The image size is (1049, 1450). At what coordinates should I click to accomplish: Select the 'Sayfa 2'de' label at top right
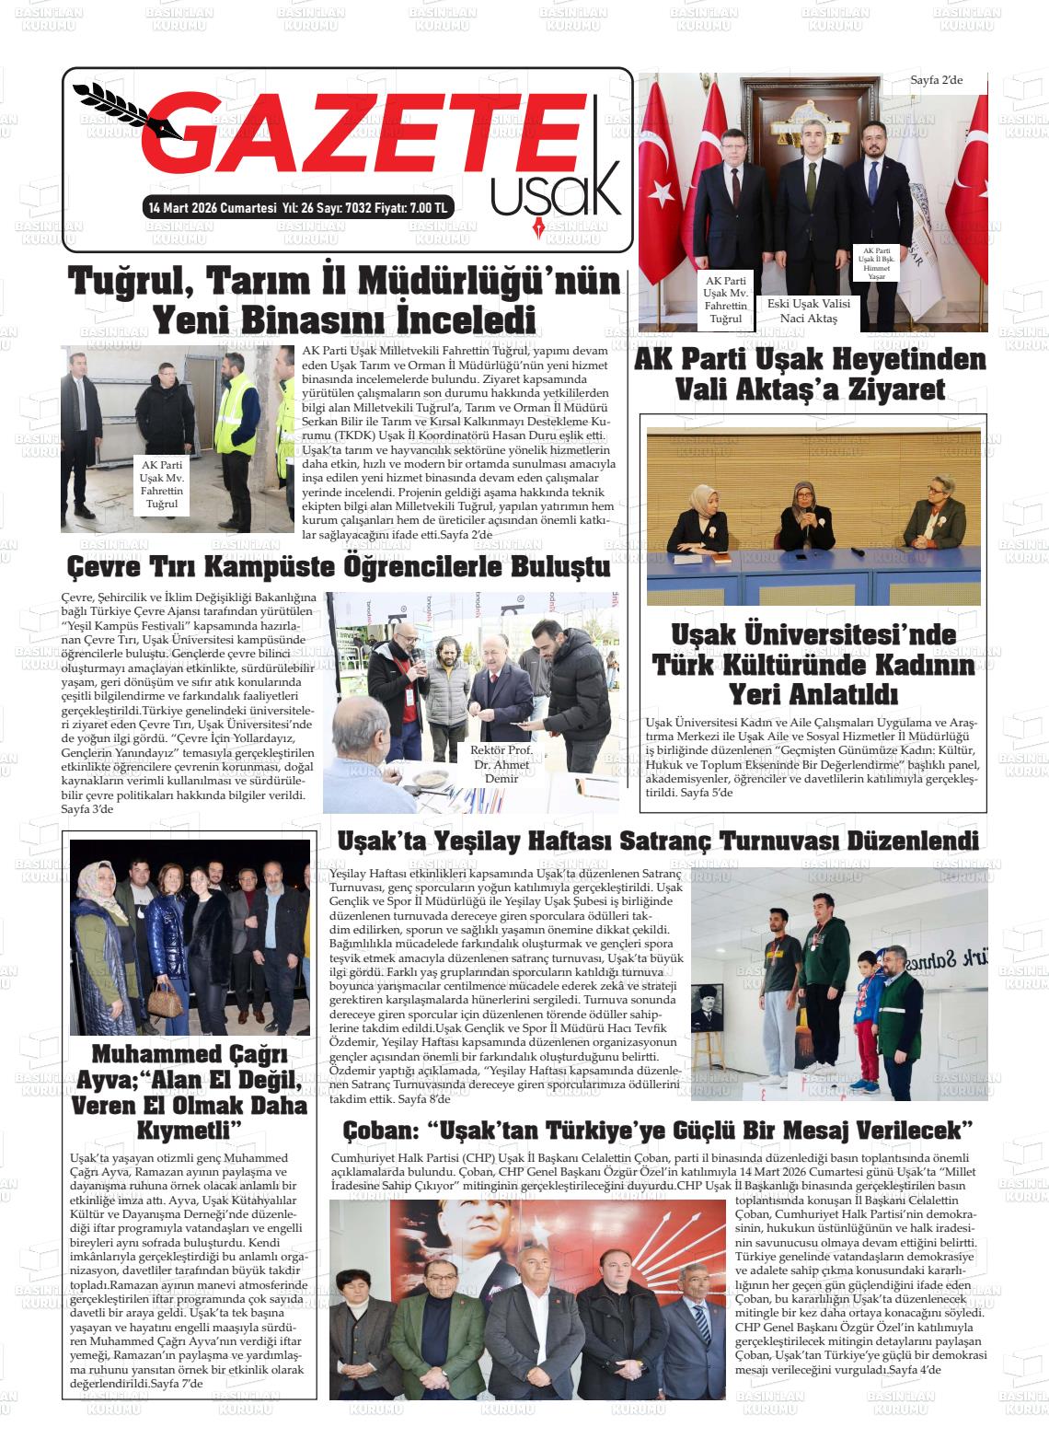point(936,80)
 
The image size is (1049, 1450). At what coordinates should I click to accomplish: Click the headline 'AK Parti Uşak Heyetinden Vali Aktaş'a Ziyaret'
point(810,374)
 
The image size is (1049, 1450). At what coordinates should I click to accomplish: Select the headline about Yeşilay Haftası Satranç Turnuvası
point(658,841)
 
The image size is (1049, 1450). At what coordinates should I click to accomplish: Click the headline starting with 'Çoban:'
point(658,1130)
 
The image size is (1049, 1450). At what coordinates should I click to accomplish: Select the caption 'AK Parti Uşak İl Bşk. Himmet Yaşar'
point(876,263)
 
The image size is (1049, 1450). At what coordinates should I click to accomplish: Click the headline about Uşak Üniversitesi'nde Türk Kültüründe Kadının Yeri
point(813,664)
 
